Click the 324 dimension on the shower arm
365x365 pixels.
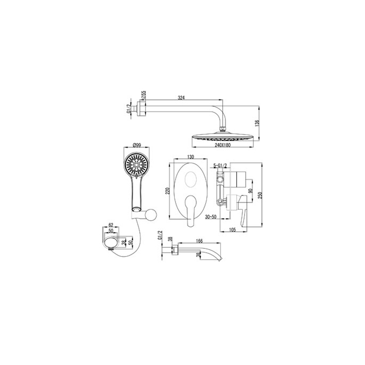(x=181, y=98)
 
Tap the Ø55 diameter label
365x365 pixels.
(x=144, y=95)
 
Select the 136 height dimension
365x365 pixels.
(x=257, y=123)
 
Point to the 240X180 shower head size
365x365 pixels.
(x=223, y=145)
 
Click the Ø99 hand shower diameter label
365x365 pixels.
(x=137, y=145)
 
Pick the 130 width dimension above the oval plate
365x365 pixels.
(x=190, y=157)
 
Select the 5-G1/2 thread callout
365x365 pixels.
(x=220, y=166)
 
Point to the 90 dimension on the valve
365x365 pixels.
(x=250, y=191)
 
